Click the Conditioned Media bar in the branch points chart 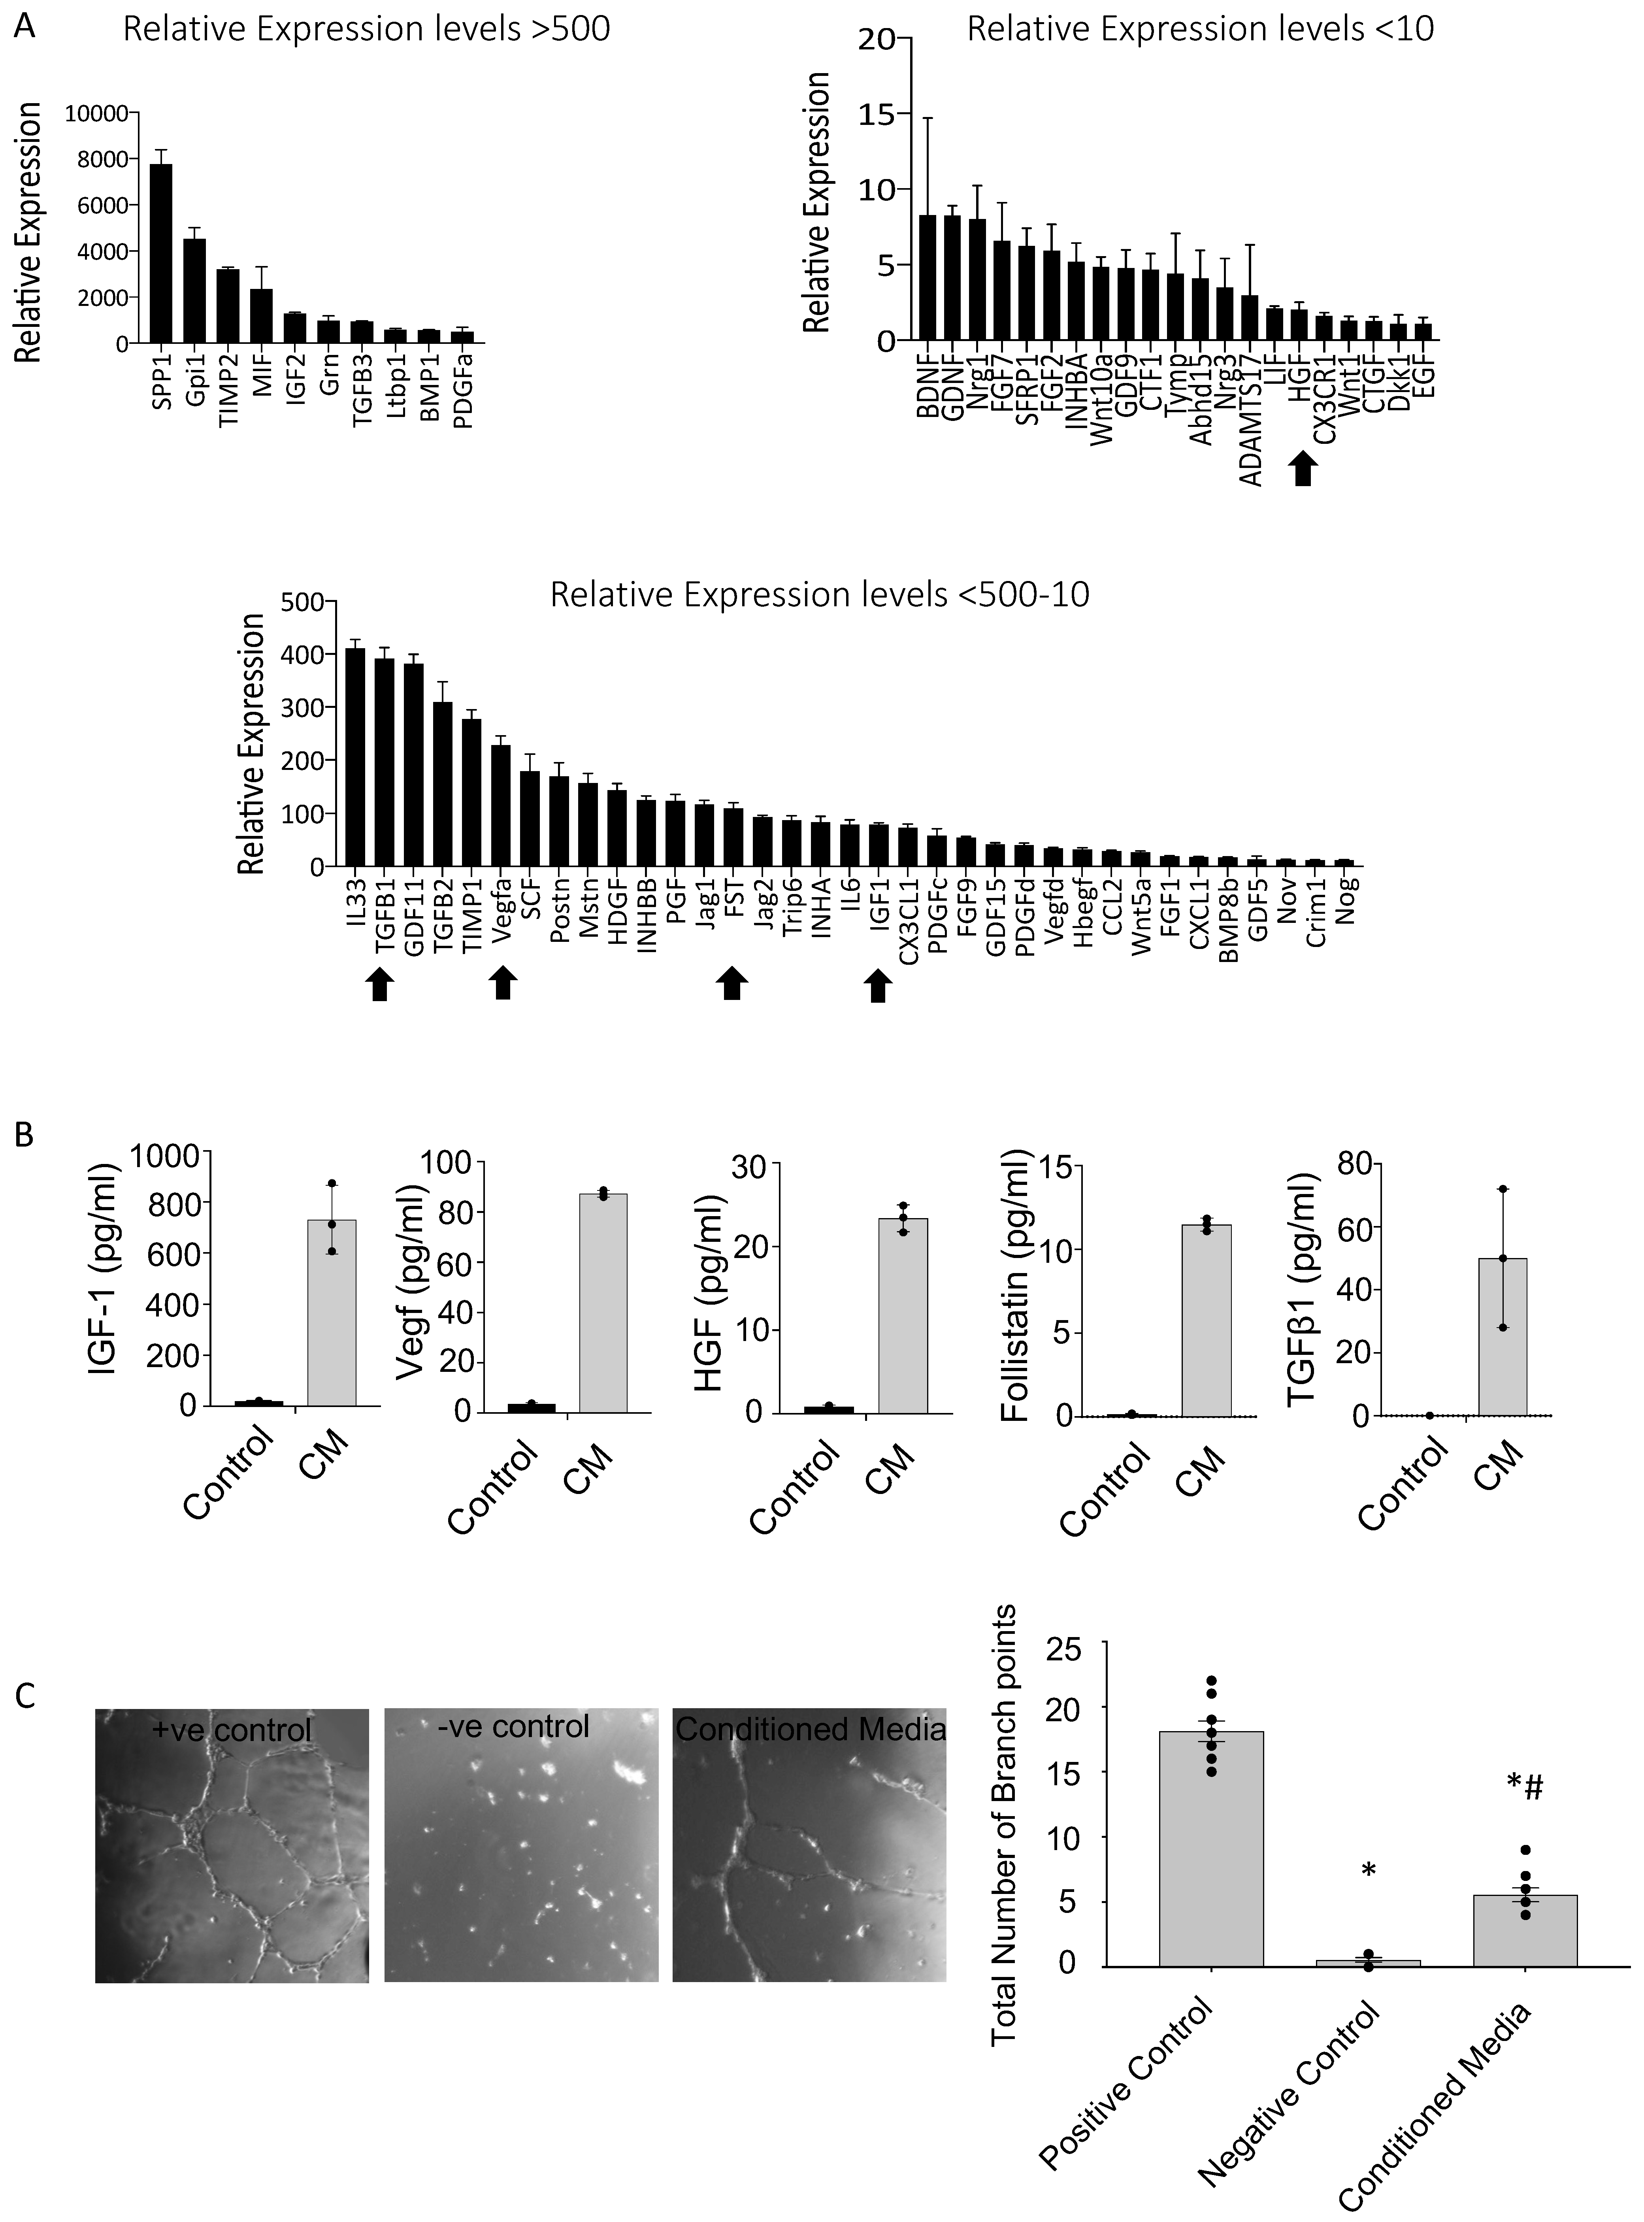[x=1523, y=1930]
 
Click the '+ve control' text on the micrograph [x=232, y=1730]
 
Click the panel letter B [x=24, y=1134]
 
